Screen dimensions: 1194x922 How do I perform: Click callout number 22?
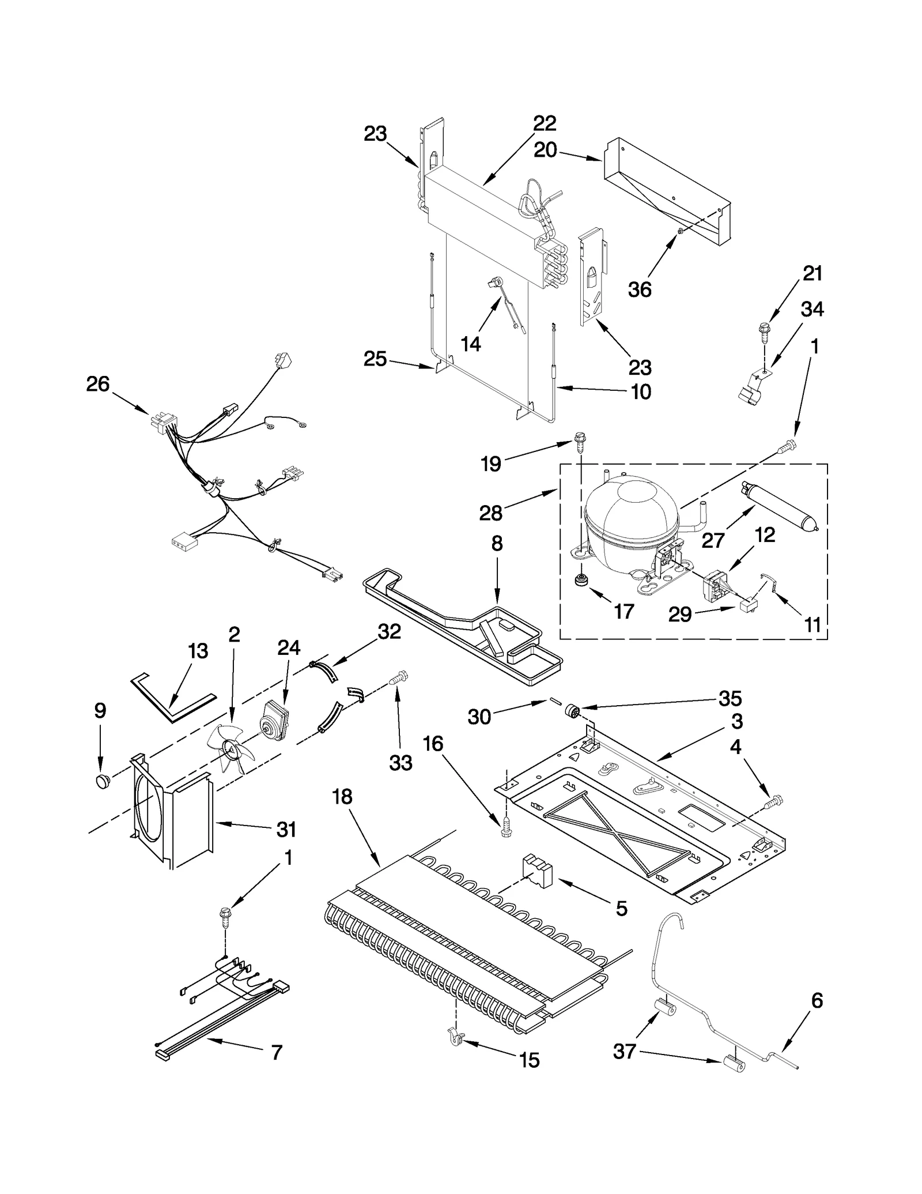point(544,123)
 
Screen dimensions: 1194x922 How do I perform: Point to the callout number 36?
point(640,289)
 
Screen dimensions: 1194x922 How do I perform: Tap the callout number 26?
point(97,384)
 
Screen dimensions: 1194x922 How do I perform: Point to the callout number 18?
point(342,797)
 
